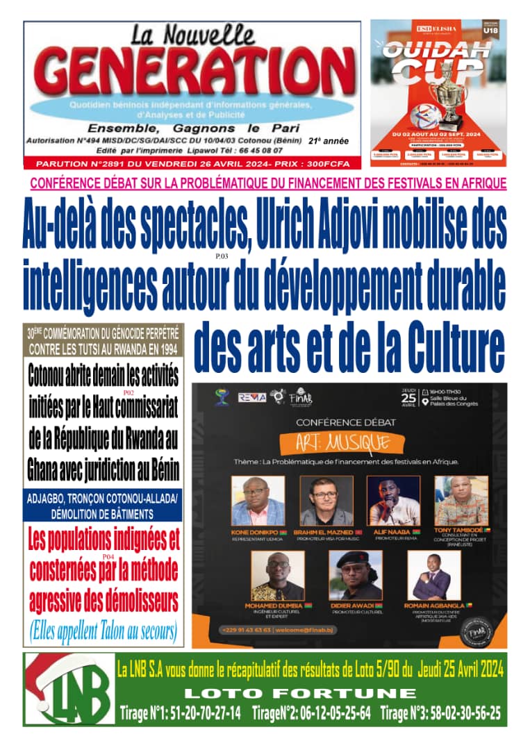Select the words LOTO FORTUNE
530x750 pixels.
click(x=300, y=693)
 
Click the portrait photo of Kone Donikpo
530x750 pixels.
click(x=258, y=501)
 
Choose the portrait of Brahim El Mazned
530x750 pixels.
click(x=326, y=501)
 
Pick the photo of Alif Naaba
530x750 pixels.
click(x=393, y=501)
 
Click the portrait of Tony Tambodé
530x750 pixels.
click(x=461, y=501)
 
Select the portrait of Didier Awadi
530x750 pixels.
click(x=356, y=576)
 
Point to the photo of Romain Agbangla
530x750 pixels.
click(x=434, y=576)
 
